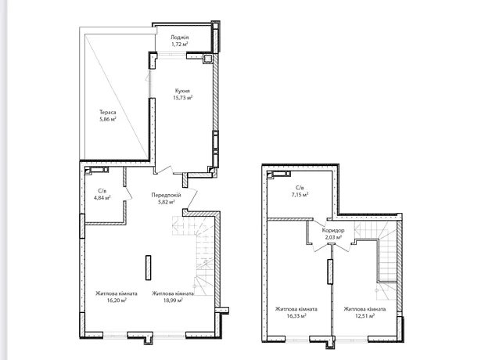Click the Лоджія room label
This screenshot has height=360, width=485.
coord(179,38)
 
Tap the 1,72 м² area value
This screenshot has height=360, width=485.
coord(180,45)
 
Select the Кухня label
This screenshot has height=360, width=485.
coord(182,91)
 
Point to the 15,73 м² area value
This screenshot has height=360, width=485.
coord(183,98)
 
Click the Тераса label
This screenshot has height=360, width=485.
coord(108,112)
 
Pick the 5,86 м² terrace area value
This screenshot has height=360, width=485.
coord(108,119)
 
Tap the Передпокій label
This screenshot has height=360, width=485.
coord(166,195)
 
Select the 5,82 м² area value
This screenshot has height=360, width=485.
coord(167,202)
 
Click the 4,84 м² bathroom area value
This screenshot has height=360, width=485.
coord(102,198)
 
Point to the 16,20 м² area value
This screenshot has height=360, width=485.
coord(117,301)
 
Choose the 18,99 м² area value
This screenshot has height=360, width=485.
coord(173,301)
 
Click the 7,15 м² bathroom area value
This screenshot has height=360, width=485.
coord(300,195)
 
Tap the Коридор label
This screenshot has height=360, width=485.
coord(333,231)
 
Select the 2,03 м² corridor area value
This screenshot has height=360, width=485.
coord(333,237)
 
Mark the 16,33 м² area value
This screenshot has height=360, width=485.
coord(296,316)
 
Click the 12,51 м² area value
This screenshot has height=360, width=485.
coord(365,316)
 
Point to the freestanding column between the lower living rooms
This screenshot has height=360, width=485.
coord(149,268)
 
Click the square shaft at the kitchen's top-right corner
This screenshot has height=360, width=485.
coord(207,59)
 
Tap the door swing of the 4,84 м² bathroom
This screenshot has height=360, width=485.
coord(128,194)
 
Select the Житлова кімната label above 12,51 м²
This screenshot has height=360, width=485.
coord(365,309)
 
